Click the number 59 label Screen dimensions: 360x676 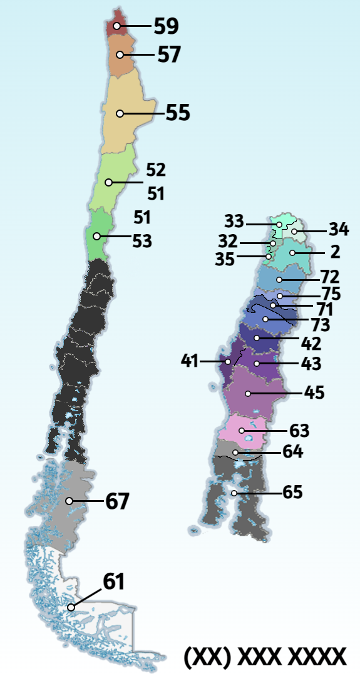(x=166, y=26)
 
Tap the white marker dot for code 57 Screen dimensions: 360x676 (x=120, y=55)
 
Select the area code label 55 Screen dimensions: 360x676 (x=177, y=113)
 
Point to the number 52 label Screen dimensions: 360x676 (x=156, y=170)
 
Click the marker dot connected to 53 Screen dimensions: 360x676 (x=96, y=237)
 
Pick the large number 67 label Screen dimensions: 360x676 (x=117, y=501)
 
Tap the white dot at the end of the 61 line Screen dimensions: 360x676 (x=71, y=607)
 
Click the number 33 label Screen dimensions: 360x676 (x=234, y=222)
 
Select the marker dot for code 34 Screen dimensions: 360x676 (x=294, y=232)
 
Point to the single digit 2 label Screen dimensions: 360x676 (x=335, y=252)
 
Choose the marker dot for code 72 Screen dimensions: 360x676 (x=279, y=279)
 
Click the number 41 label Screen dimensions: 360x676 (x=189, y=361)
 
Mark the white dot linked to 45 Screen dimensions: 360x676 (x=249, y=394)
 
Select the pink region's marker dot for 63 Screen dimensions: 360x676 (x=242, y=431)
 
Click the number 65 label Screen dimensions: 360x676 (x=292, y=493)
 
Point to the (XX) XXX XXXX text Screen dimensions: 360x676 (x=265, y=657)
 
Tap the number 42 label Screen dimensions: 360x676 (x=311, y=344)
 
